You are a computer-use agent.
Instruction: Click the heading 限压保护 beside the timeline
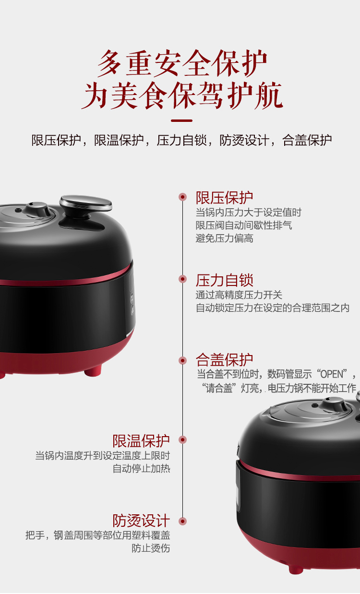pos(224,198)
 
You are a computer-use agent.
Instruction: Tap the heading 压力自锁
pos(224,280)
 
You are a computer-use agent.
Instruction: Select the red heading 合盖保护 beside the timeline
pos(224,360)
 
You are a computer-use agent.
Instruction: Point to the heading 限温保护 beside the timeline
pos(141,441)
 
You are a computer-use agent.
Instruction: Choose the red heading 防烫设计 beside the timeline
pos(141,521)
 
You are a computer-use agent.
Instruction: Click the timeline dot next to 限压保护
pos(182,197)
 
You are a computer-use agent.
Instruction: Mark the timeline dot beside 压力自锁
pos(182,279)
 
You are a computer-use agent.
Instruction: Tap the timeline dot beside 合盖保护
pos(182,360)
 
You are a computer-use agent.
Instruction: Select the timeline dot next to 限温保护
pos(182,440)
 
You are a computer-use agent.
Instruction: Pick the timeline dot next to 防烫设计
pos(182,521)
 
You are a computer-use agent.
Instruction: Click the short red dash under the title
pos(181,120)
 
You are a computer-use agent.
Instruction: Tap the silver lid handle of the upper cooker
pos(86,203)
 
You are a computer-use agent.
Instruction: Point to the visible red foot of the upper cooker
pos(93,370)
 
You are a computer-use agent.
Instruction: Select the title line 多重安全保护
pos(182,63)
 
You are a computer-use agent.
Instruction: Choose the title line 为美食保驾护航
pos(182,95)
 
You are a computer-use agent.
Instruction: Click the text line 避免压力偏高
pos(225,238)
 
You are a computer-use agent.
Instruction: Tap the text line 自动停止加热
pos(141,469)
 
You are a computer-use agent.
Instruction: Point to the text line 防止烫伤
pos(151,548)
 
